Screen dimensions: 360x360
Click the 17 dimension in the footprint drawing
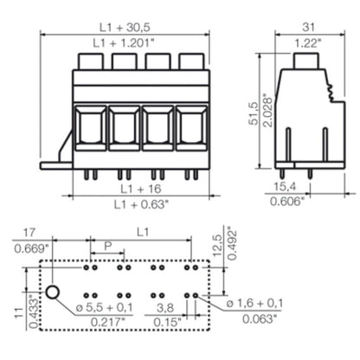click(29, 233)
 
